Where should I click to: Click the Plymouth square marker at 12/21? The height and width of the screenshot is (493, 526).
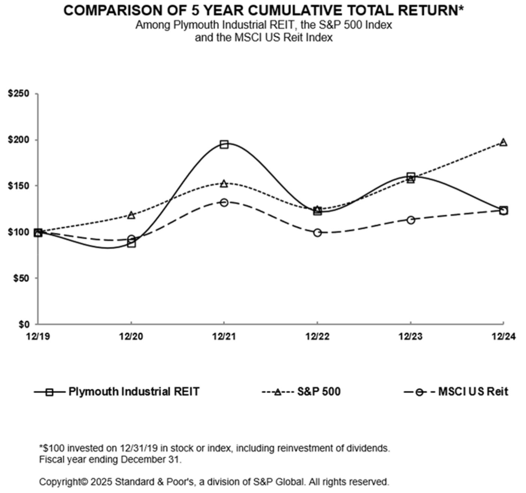point(224,145)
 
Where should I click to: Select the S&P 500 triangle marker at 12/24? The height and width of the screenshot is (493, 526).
point(503,142)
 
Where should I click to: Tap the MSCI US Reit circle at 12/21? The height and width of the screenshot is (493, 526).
point(224,203)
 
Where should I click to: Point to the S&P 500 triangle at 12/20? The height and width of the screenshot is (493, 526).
point(131,215)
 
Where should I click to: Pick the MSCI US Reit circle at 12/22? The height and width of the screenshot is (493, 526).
point(317,233)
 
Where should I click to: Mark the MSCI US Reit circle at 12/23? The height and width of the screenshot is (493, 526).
point(411,220)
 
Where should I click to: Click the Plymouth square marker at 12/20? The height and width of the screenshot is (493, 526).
point(131,243)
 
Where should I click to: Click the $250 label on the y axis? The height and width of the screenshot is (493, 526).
point(18,93)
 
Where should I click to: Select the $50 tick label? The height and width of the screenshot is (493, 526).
point(21,278)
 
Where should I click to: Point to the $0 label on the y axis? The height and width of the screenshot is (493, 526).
point(24,324)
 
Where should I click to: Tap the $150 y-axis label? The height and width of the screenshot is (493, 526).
point(18,186)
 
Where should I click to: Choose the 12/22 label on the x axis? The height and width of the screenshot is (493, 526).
point(317,336)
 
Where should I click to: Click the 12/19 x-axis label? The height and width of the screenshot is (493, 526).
point(37,336)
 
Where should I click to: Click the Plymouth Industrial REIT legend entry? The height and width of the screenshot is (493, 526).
point(134,392)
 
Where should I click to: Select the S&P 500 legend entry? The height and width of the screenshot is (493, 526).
point(319,392)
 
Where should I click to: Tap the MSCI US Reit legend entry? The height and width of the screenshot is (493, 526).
point(473,392)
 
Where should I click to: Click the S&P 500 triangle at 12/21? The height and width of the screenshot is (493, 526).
point(224,184)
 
